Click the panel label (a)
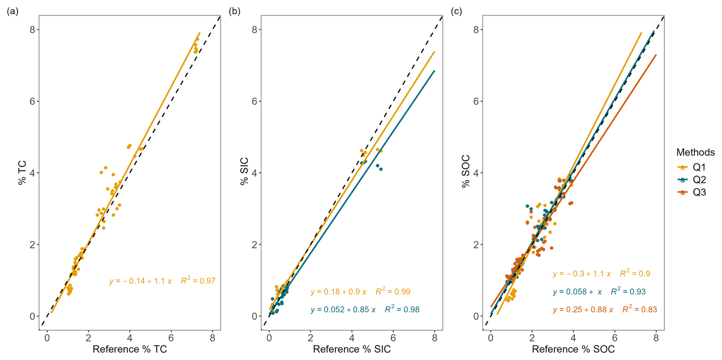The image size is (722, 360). [x=12, y=11]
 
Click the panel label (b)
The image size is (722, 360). [x=234, y=11]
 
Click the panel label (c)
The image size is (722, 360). [x=456, y=11]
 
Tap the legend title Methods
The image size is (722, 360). [x=695, y=152]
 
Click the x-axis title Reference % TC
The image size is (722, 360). [x=130, y=349]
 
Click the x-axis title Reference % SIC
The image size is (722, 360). [x=352, y=349]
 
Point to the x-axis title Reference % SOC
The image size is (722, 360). [x=573, y=349]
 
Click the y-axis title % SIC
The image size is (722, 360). [x=244, y=171]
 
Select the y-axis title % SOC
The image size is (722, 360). [x=466, y=171]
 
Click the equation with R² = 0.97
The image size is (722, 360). [x=162, y=281]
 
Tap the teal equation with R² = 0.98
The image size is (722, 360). [x=365, y=310]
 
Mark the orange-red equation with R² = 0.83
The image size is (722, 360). [x=605, y=310]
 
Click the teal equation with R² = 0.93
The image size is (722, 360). [x=599, y=292]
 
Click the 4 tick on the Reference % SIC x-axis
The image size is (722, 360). [x=352, y=338]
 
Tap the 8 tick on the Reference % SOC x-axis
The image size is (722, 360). [x=656, y=338]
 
